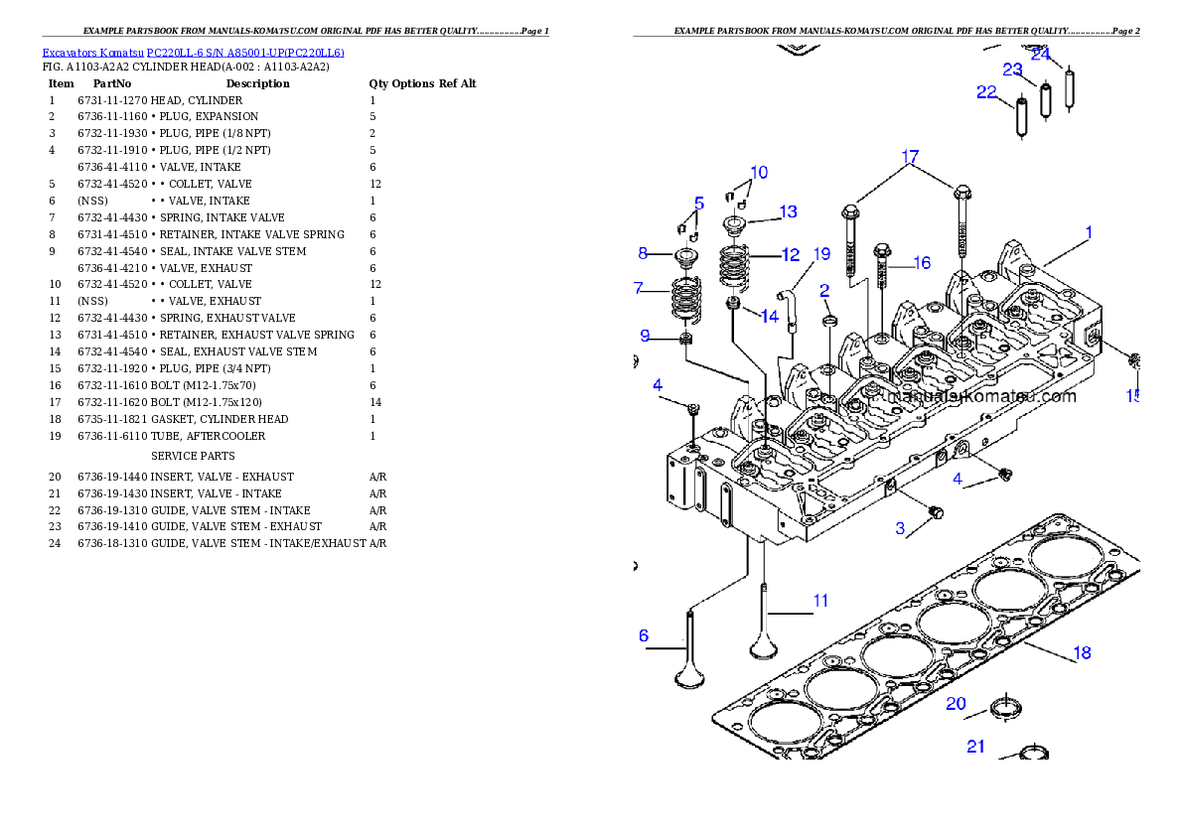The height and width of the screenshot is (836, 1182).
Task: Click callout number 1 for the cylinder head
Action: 1089,232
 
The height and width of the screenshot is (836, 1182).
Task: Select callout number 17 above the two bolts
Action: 910,157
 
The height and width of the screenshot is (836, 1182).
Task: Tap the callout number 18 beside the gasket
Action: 1082,652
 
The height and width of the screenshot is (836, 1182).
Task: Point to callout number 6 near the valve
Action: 644,635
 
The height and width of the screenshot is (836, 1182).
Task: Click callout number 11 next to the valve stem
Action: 820,601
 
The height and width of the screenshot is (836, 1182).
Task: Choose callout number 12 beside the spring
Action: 791,255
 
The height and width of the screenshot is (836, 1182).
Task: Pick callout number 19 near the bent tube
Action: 821,253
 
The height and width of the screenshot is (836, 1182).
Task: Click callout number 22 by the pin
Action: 986,91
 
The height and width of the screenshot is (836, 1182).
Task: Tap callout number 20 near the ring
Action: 956,703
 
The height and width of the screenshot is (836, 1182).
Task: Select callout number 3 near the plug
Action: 901,528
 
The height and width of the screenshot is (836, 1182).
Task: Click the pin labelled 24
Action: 1070,86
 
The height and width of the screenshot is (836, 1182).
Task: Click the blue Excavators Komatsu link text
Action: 193,54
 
